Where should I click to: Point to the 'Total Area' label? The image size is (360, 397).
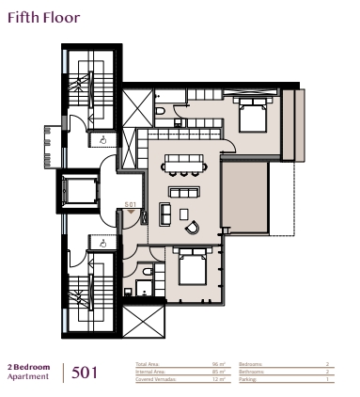(148, 363)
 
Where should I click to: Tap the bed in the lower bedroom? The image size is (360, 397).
(192, 271)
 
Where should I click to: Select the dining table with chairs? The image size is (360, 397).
(182, 167)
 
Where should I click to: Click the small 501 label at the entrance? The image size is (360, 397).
(131, 204)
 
